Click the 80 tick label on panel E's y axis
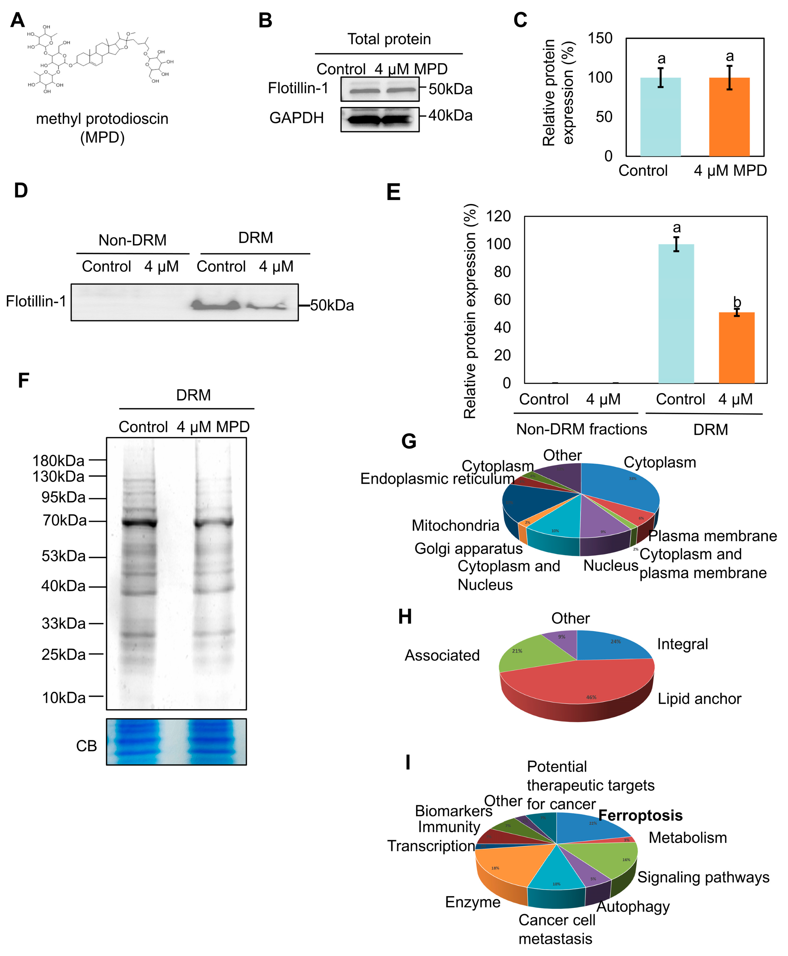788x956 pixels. (x=502, y=272)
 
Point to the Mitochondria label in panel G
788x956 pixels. (x=455, y=525)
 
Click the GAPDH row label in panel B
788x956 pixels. (x=296, y=118)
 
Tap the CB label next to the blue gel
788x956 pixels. (x=86, y=746)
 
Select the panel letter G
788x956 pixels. (x=409, y=441)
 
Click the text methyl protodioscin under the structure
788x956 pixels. (x=102, y=119)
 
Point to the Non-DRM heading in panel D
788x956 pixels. (x=133, y=240)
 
